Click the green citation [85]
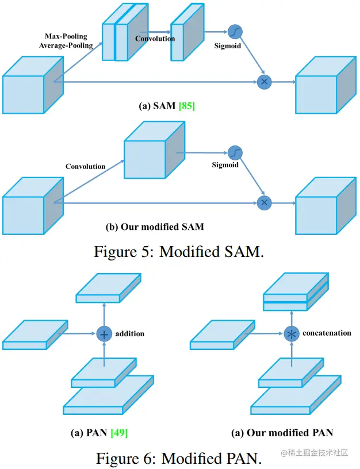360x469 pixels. tap(187, 106)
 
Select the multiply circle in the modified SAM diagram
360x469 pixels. tap(264, 202)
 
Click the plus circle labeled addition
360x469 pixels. tap(104, 334)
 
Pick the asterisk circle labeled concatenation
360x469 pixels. tap(292, 333)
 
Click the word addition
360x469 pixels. tap(130, 333)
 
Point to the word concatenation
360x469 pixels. tap(327, 333)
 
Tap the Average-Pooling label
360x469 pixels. tap(66, 45)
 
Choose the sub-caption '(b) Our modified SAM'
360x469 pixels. tap(155, 226)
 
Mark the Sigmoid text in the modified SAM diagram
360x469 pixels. tap(225, 165)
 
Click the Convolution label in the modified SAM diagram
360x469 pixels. tap(85, 167)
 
